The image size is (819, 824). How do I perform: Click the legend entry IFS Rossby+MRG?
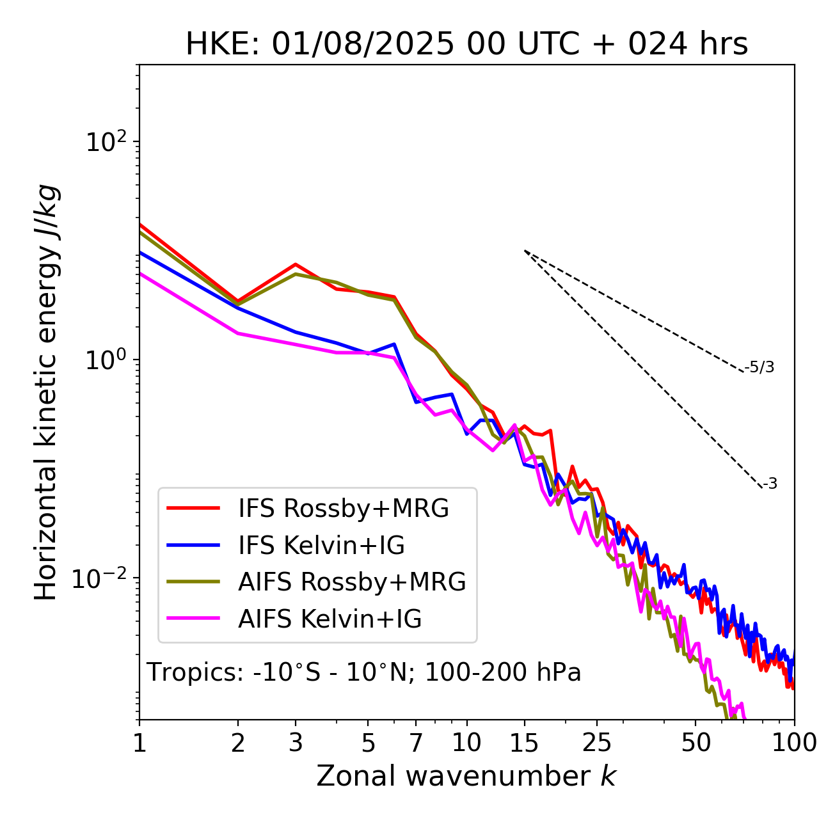(343, 509)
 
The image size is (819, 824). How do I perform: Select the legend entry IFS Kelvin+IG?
(321, 546)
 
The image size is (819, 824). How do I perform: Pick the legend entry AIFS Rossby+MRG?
(351, 582)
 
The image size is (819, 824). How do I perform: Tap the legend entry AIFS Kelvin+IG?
(330, 619)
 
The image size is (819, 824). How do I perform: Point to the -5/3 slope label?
(759, 367)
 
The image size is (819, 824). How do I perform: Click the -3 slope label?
(770, 484)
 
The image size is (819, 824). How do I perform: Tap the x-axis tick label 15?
(524, 743)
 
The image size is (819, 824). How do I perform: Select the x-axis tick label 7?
(416, 743)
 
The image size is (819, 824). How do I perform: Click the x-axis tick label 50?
(696, 743)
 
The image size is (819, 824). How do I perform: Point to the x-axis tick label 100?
(793, 743)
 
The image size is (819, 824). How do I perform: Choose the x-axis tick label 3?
(296, 743)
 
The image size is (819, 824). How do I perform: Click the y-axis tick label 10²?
(106, 142)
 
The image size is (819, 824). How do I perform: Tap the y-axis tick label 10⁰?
(106, 360)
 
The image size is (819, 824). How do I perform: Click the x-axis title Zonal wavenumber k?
(466, 776)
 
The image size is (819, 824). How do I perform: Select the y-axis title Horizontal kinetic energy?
(46, 392)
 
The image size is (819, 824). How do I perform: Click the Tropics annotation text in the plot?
(364, 672)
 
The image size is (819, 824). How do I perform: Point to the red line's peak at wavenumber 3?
(296, 264)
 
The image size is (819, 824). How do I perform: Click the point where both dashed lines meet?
(525, 251)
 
